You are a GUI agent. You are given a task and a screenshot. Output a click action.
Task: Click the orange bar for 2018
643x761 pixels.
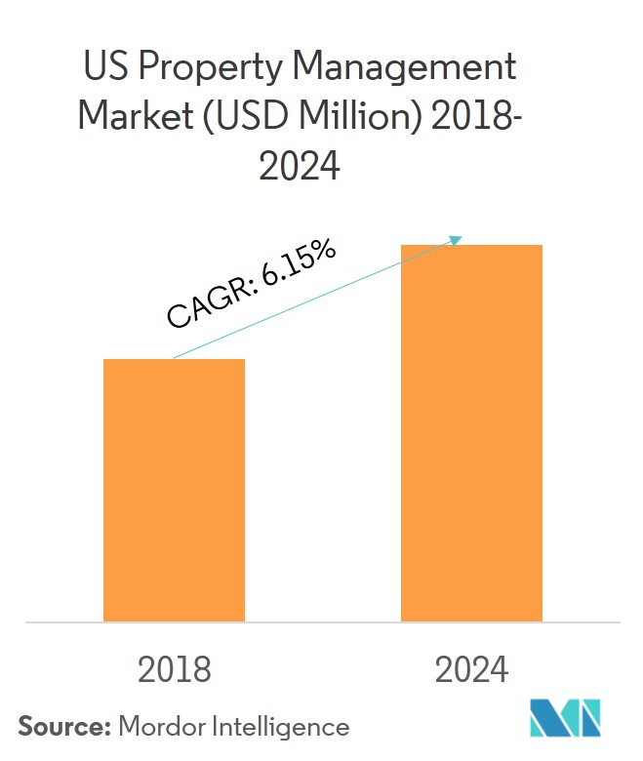[174, 490]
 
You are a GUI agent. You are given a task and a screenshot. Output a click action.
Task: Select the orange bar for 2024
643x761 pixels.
[471, 433]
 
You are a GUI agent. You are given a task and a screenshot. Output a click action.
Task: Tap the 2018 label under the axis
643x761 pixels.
[174, 669]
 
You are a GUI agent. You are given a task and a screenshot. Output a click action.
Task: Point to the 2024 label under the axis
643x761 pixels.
[472, 669]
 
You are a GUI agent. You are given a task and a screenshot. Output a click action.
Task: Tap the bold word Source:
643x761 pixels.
[62, 727]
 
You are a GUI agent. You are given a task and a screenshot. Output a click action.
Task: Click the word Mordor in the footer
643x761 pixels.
[162, 727]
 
